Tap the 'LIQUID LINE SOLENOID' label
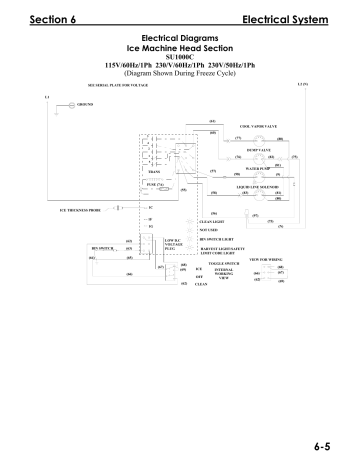tap(262, 186)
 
